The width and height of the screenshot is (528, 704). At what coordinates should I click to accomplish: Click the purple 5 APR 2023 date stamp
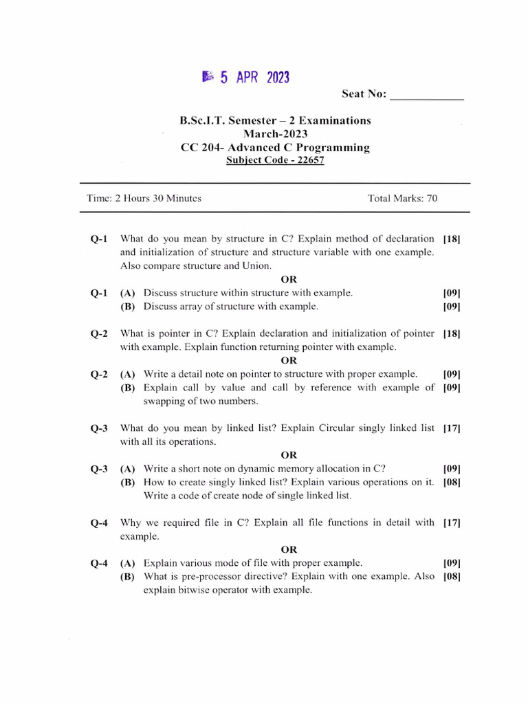[246, 78]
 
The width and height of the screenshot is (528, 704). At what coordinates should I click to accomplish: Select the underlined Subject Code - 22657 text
[275, 160]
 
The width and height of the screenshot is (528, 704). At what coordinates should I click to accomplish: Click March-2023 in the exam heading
[275, 134]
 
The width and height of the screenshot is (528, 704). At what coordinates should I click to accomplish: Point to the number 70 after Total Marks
[431, 199]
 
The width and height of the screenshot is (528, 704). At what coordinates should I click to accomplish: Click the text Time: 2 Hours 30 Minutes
[144, 199]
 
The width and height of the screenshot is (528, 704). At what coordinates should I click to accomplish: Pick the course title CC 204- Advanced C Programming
[275, 147]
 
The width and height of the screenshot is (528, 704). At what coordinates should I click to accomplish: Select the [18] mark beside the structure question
[452, 239]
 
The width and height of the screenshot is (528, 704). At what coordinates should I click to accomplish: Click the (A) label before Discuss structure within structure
[127, 293]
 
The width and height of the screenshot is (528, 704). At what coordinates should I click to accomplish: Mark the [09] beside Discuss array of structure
[452, 307]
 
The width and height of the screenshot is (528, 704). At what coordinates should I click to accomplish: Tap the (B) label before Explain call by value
[127, 388]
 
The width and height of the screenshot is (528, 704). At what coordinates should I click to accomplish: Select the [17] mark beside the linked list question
[452, 428]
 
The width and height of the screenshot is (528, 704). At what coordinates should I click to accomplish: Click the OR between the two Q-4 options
[289, 549]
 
